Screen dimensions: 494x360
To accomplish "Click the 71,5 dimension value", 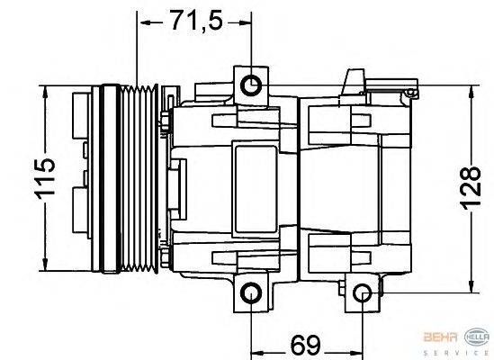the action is [x=197, y=21].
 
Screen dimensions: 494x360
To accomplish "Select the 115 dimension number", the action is [x=45, y=179].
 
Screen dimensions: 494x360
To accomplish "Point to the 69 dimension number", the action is [x=306, y=346].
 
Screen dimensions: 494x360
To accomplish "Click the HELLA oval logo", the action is [x=477, y=337].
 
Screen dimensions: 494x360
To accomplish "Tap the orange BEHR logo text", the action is [x=440, y=337].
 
